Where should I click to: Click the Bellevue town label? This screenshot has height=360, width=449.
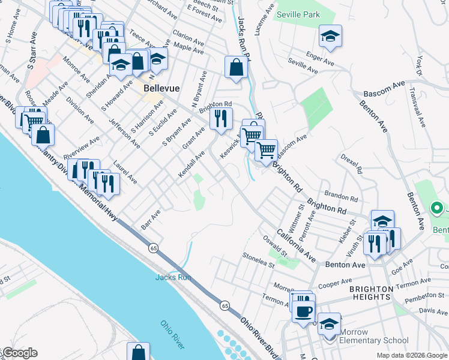click(x=162, y=89)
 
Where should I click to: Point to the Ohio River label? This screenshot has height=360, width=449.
click(x=172, y=334)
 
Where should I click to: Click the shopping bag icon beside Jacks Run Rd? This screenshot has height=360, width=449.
click(x=236, y=68)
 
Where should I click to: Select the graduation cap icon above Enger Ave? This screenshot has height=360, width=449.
click(x=330, y=36)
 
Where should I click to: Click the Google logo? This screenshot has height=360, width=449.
click(x=19, y=353)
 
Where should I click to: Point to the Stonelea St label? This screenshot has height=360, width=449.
click(x=258, y=260)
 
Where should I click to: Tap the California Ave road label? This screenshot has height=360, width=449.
click(x=297, y=245)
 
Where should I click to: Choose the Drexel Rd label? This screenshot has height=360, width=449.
click(x=351, y=163)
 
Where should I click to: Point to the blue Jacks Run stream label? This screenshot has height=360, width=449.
click(x=173, y=277)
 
